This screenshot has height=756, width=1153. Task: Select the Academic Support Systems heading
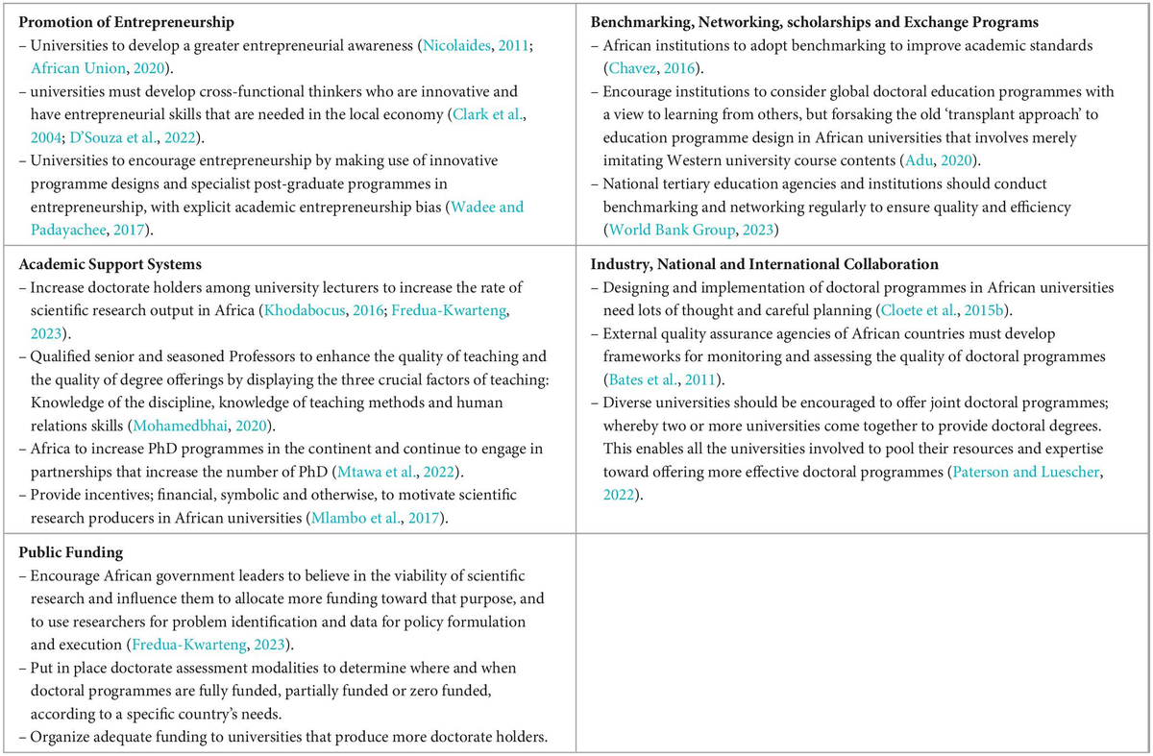point(108,264)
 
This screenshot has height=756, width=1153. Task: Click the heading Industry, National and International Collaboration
point(765,264)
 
